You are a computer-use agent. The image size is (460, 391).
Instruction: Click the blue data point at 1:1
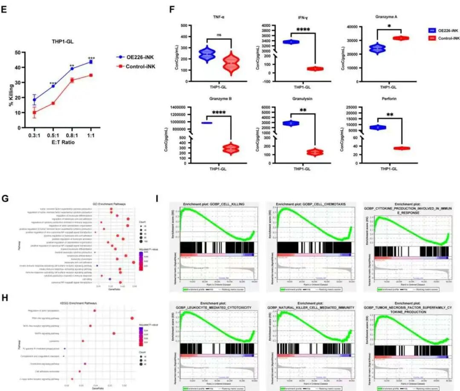tap(91, 62)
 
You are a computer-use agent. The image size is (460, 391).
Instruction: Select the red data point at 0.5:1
tap(53, 103)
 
